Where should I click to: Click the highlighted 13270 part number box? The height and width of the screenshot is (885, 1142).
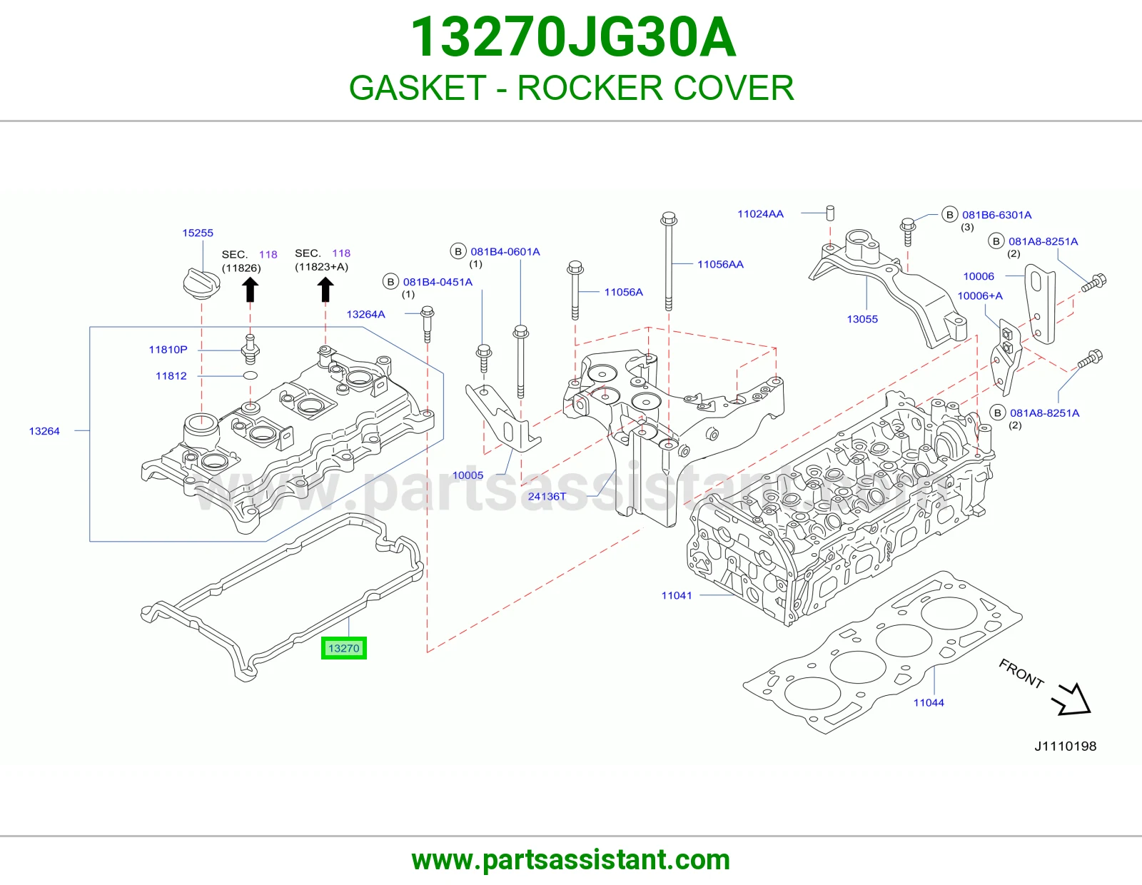pos(344,648)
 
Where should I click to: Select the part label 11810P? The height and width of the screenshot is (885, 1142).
pos(168,350)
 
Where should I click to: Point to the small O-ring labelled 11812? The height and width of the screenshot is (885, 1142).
pos(251,375)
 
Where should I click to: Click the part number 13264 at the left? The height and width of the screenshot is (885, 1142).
pos(44,431)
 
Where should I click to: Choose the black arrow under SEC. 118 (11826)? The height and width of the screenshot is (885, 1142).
pos(250,290)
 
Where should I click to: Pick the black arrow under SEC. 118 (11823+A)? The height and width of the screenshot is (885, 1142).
pos(325,289)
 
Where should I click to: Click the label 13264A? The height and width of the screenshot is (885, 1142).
pos(365,314)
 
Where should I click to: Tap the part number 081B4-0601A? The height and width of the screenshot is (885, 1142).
pos(505,252)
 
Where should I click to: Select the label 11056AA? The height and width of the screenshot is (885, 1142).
pos(720,264)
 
